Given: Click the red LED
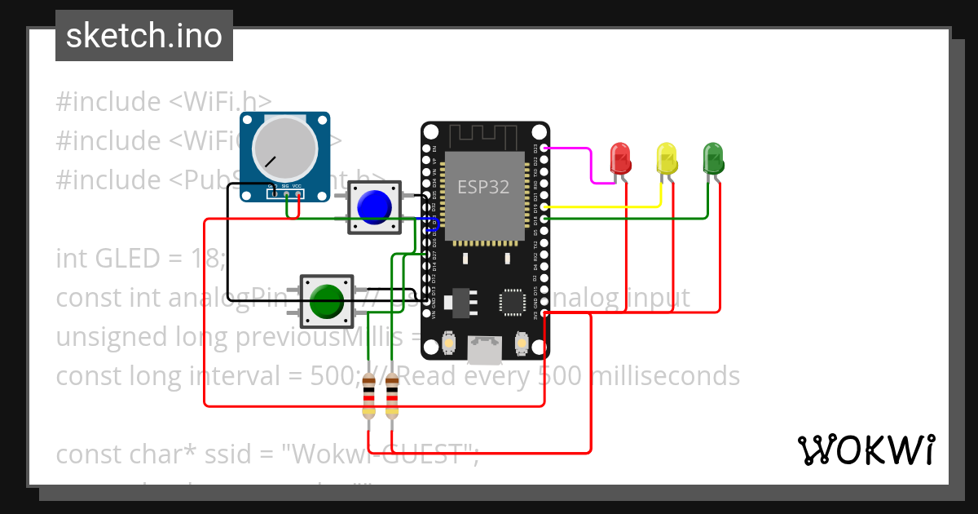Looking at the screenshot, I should click(x=621, y=158).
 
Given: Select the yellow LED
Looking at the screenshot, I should click(x=667, y=158).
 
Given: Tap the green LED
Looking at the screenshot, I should click(x=713, y=157).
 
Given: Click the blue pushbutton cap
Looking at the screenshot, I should click(x=375, y=207).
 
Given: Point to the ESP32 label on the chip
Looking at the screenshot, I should click(x=483, y=187).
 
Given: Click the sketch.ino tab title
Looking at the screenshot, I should click(x=144, y=36).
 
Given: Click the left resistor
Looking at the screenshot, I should click(x=370, y=396).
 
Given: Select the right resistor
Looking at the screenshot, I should click(x=392, y=396).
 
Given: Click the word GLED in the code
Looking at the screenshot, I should click(x=128, y=259).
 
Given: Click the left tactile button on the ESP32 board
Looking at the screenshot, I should click(x=447, y=344).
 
